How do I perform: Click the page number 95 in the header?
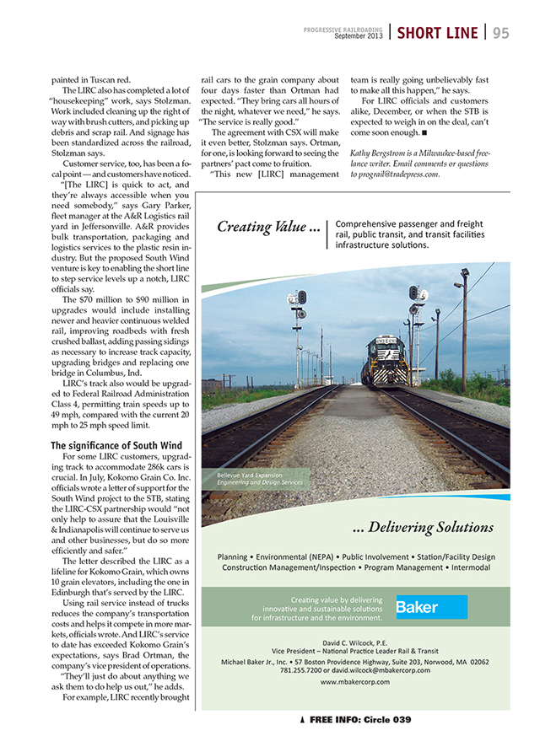pos(501,33)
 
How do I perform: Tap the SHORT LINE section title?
pos(437,33)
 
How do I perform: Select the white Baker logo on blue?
pos(431,607)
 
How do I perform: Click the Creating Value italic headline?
pos(268,227)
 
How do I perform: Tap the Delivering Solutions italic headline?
pos(423,527)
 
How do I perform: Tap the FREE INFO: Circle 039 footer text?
pos(360,719)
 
